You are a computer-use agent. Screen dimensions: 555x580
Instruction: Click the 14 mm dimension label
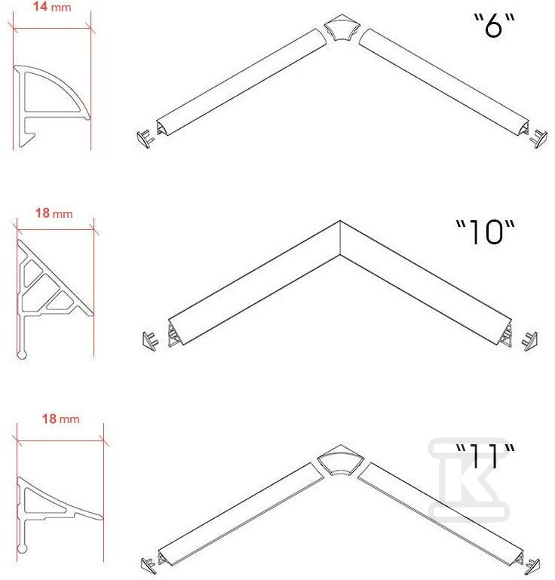tap(52, 7)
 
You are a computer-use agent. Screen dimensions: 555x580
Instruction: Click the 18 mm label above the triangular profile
tap(54, 213)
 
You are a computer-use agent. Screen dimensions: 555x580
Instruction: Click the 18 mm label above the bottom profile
tap(60, 419)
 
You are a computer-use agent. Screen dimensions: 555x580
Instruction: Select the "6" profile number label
tap(495, 25)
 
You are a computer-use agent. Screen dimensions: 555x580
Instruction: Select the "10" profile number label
tap(485, 232)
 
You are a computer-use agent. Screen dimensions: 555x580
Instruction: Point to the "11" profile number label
tap(485, 456)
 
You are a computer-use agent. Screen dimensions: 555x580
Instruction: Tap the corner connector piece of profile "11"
tap(341, 460)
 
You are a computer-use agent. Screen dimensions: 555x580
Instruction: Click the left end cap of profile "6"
tap(146, 138)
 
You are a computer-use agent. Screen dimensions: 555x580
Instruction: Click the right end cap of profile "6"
tap(539, 138)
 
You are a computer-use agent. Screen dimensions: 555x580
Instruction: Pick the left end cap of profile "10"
tap(151, 341)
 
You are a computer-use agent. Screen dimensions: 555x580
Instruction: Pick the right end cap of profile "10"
tap(529, 341)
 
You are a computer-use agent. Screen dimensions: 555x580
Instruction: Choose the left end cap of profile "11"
tap(149, 563)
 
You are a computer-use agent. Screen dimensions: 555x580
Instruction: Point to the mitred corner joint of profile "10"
tap(340, 238)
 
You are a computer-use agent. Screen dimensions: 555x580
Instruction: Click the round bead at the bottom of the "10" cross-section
tap(22, 354)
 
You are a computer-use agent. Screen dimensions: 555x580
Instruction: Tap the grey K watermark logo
tap(468, 479)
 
